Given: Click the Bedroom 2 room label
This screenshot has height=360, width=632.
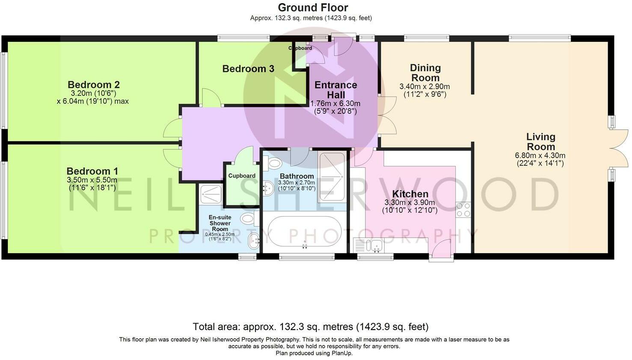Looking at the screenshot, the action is pos(94,84).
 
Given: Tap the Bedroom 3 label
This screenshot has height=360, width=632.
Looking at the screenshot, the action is pos(248,68).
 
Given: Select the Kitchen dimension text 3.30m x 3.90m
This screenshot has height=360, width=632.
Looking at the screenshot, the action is pos(409,202).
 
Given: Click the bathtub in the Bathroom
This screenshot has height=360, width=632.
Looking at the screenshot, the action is pos(305,232).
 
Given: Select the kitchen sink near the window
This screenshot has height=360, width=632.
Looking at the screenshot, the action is pos(374,245).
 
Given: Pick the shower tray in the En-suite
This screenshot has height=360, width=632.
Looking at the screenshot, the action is pos(211,194).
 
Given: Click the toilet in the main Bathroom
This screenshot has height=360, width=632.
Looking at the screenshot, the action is pos(273,163).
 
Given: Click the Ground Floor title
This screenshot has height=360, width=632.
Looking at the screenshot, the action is pos(313,7).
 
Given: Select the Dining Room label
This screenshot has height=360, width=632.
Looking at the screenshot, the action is pos(425,73).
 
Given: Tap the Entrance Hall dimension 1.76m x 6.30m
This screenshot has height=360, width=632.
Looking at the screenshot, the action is pos(335,104).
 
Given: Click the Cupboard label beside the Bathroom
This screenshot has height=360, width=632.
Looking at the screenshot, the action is pos(242,176).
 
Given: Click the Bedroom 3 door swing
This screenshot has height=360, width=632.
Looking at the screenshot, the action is pos(211,98).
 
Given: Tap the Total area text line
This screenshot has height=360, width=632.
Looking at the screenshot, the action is pos(311,327).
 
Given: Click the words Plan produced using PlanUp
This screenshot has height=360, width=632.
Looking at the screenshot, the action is pos(314,353).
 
